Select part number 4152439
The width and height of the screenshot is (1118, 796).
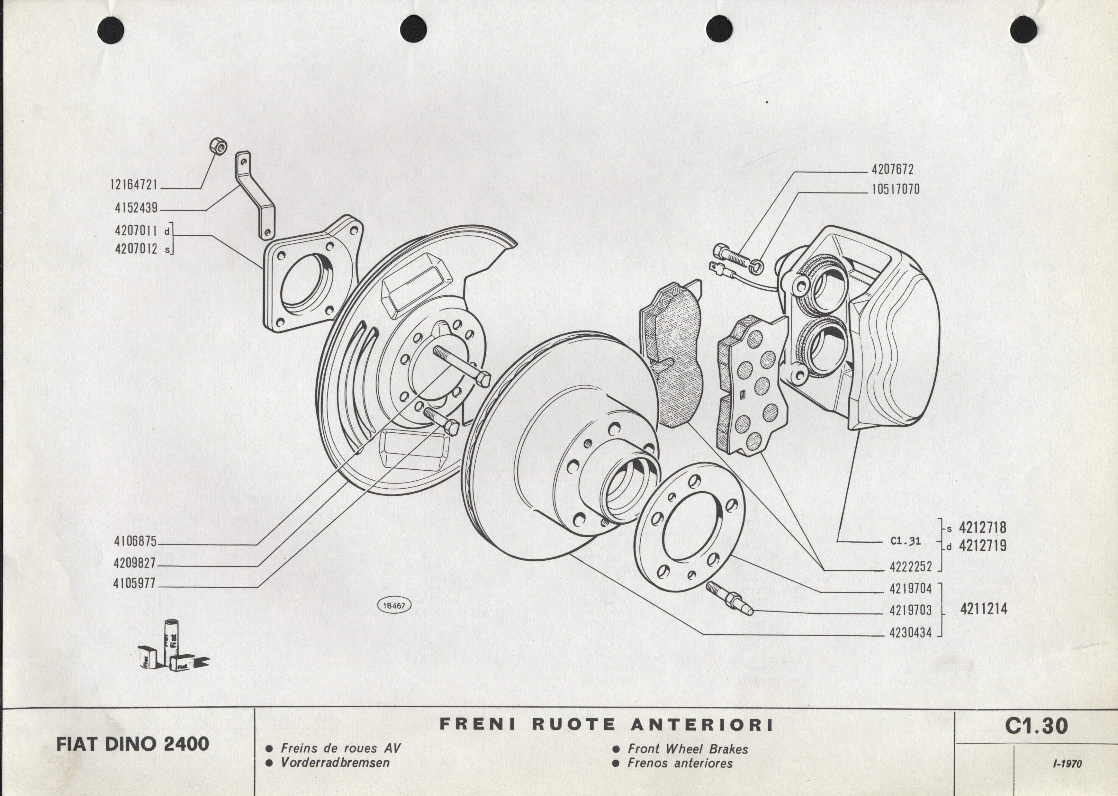(136, 208)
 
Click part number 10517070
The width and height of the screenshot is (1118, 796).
(895, 189)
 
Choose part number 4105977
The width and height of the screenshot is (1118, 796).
(135, 584)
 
